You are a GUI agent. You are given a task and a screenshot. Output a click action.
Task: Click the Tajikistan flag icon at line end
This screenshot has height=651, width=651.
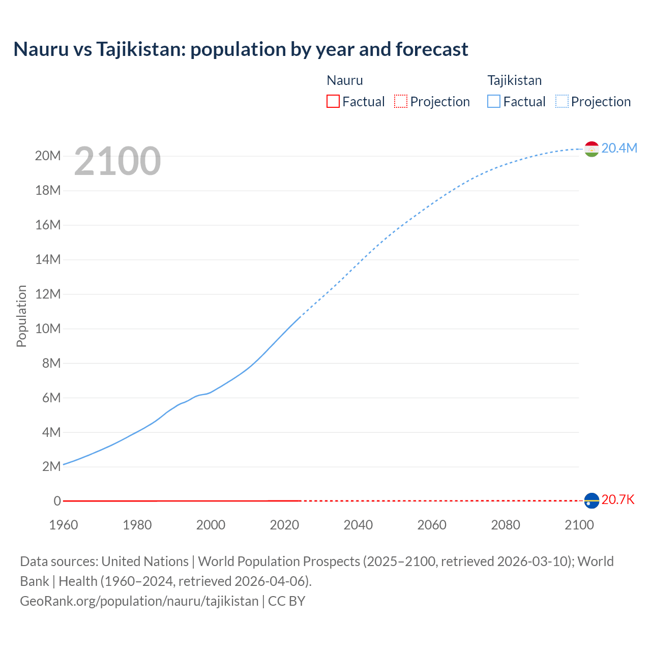click(x=591, y=149)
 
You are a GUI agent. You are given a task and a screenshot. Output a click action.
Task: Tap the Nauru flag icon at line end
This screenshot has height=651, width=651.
click(x=591, y=501)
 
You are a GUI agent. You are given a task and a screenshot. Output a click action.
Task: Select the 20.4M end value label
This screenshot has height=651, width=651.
click(x=619, y=148)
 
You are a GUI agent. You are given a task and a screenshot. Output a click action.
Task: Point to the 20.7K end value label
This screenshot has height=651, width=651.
click(x=618, y=500)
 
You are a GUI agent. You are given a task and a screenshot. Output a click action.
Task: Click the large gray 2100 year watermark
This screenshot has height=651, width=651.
click(x=117, y=161)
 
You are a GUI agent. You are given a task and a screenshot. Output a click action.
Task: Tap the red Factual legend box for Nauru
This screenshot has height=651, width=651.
click(x=333, y=101)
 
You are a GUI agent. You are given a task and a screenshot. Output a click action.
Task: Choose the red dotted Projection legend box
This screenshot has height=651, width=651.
click(x=401, y=101)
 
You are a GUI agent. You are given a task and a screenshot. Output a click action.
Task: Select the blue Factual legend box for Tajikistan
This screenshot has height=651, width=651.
click(x=494, y=101)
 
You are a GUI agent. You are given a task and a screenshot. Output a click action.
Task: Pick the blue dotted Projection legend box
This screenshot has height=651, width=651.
click(x=562, y=101)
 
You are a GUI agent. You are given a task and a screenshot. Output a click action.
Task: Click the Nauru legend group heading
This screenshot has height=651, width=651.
click(x=345, y=80)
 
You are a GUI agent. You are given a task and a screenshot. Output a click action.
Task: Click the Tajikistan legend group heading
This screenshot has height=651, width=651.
click(x=515, y=80)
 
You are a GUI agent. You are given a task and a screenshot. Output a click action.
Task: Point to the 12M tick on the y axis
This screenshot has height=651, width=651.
click(x=48, y=294)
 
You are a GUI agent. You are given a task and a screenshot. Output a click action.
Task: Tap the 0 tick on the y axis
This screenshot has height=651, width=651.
click(x=57, y=501)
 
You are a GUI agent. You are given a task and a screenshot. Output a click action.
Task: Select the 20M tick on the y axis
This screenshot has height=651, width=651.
click(x=48, y=156)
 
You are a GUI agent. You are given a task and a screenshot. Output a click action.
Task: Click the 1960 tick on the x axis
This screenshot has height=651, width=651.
click(x=64, y=525)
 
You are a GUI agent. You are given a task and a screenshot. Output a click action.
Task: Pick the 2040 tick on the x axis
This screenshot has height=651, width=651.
click(x=358, y=525)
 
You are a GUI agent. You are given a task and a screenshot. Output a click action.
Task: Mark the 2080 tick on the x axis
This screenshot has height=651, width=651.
click(x=506, y=525)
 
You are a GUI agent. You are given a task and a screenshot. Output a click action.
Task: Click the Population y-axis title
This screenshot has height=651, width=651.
click(x=21, y=316)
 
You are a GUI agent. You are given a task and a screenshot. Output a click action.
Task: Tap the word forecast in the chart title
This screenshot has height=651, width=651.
click(x=432, y=49)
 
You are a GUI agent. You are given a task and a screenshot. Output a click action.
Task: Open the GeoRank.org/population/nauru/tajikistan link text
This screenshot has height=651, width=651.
click(x=139, y=601)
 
